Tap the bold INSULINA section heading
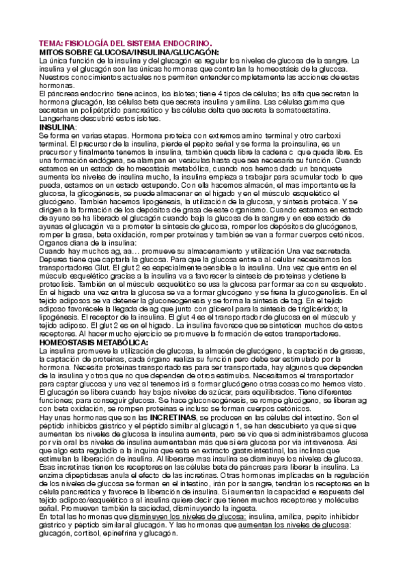pos(57,128)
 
